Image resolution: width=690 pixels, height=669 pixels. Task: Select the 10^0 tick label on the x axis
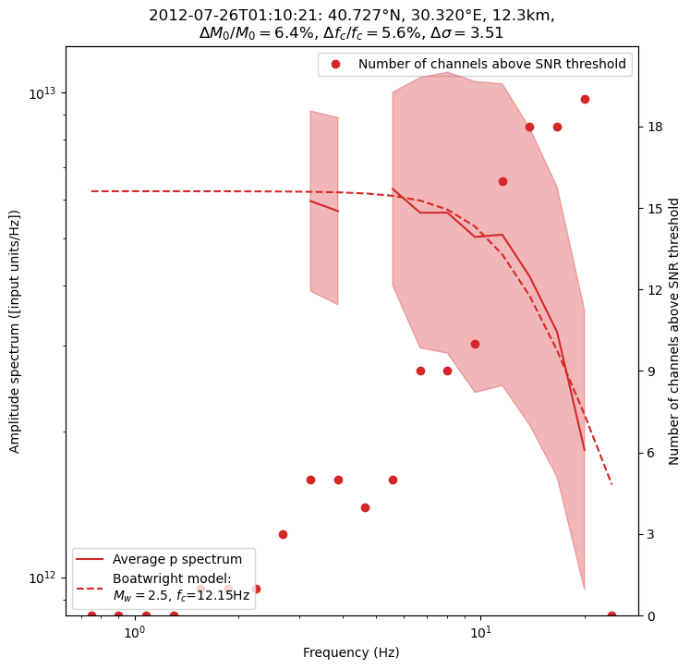135,632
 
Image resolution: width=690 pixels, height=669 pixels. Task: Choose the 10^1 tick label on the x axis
480,632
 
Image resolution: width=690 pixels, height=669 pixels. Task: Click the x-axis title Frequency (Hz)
351,652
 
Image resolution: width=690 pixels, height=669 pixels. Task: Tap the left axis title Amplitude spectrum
15,331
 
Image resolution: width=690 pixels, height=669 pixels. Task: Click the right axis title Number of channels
675,331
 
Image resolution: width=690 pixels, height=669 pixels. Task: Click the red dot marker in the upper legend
335,64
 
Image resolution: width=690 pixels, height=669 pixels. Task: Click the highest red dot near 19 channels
585,99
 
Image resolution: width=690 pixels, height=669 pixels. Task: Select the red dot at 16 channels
502,181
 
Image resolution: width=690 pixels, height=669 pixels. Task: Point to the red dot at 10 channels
475,344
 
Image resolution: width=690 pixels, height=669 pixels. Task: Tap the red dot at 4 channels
365,507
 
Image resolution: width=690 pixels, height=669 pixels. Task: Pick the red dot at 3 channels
283,534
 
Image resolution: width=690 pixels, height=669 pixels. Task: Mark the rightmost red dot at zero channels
611,615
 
